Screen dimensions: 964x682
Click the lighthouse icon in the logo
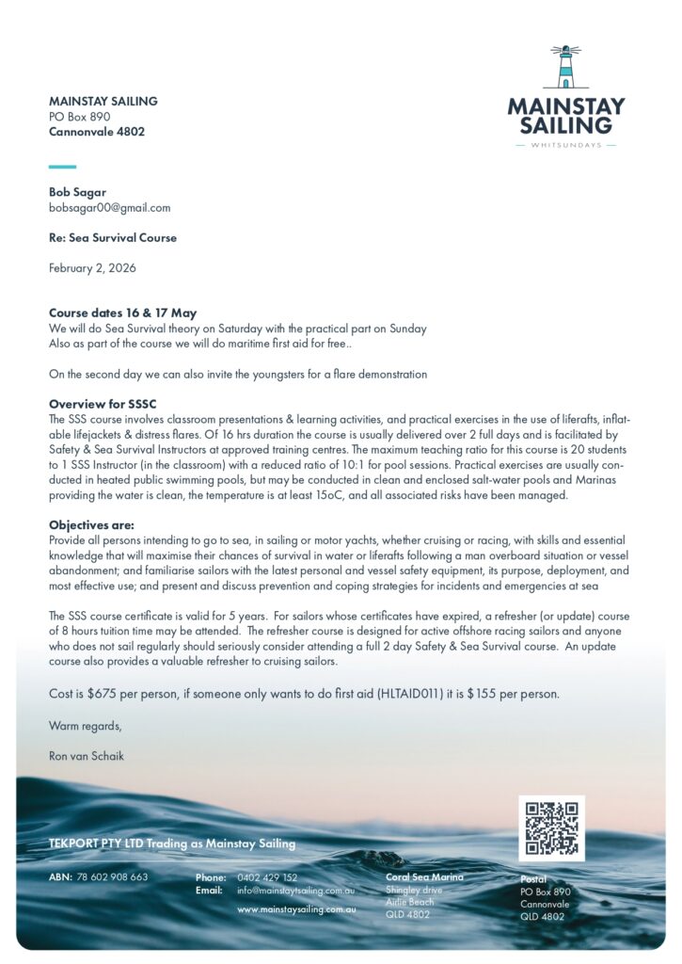pyautogui.click(x=565, y=68)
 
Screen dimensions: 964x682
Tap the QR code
pyautogui.click(x=551, y=827)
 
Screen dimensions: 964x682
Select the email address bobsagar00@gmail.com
pyautogui.click(x=109, y=207)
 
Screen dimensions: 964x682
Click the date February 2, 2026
pyautogui.click(x=92, y=267)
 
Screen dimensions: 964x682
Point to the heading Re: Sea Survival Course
pyautogui.click(x=113, y=237)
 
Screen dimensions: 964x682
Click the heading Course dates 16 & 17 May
pyautogui.click(x=122, y=313)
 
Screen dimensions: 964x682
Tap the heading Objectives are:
pyautogui.click(x=91, y=524)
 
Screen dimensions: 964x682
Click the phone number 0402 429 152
pyautogui.click(x=267, y=877)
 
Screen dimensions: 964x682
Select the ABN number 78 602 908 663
pyautogui.click(x=112, y=877)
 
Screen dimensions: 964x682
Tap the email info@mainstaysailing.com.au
pyautogui.click(x=295, y=890)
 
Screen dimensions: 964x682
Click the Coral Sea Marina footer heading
pyautogui.click(x=424, y=877)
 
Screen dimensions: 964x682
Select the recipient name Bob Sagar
pyautogui.click(x=77, y=192)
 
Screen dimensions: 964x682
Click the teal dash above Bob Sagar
pyautogui.click(x=62, y=166)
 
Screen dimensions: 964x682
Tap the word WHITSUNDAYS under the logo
pyautogui.click(x=565, y=145)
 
